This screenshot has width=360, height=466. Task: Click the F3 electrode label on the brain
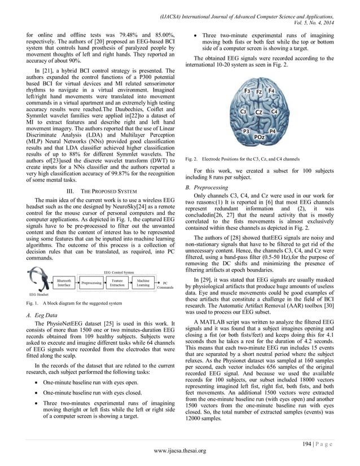tap(247, 91)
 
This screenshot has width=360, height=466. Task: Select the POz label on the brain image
tap(260, 136)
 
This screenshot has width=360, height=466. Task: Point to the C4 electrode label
tap(274, 112)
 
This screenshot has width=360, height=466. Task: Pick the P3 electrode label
tap(247, 130)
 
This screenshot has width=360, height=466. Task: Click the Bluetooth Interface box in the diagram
tap(64, 283)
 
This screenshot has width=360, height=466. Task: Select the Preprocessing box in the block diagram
tap(91, 283)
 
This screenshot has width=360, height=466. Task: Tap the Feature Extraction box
tap(117, 283)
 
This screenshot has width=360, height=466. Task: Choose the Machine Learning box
tap(143, 283)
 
